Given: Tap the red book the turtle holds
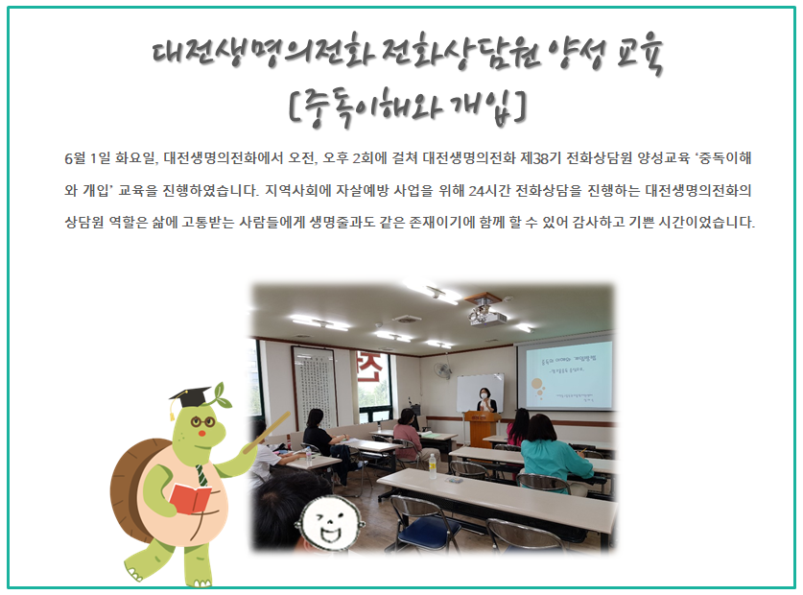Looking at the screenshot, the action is point(190,498).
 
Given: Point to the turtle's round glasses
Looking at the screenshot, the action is point(203,422).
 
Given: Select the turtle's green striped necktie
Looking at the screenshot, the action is point(202,475).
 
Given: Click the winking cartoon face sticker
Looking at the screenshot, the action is point(330,522).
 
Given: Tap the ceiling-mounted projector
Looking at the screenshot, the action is point(487,316).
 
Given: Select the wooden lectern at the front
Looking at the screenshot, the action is point(483,427).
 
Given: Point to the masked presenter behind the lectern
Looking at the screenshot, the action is point(485,400).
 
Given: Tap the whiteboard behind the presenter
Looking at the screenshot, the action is point(480,393).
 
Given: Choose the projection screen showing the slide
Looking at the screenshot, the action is point(566,375).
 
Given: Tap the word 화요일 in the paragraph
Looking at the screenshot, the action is point(134,157).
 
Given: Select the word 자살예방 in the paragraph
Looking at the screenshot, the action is point(363,191).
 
